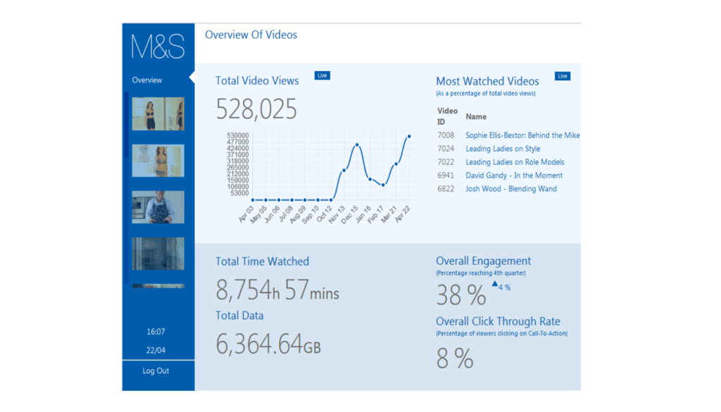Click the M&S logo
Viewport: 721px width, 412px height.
pyautogui.click(x=158, y=46)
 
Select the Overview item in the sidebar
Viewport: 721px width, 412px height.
pyautogui.click(x=146, y=80)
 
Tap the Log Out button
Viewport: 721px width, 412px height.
pyautogui.click(x=156, y=371)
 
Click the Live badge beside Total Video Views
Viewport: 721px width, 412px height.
pyautogui.click(x=322, y=75)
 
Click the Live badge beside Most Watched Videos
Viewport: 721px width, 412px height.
pyautogui.click(x=563, y=76)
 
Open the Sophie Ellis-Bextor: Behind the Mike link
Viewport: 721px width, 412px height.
pyautogui.click(x=522, y=135)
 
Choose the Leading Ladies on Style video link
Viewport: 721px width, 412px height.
pyautogui.click(x=503, y=149)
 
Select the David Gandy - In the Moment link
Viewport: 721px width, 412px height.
pyautogui.click(x=514, y=175)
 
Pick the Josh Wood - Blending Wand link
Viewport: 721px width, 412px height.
pyautogui.click(x=511, y=189)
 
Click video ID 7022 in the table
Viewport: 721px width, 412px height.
pyautogui.click(x=446, y=162)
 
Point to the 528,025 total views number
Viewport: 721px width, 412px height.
pyautogui.click(x=256, y=109)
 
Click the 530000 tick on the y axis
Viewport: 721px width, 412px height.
pyautogui.click(x=238, y=136)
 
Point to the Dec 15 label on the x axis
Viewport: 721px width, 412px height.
pyautogui.click(x=349, y=215)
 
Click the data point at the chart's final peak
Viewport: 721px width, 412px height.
pyautogui.click(x=409, y=137)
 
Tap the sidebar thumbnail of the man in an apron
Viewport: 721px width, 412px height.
pyautogui.click(x=158, y=207)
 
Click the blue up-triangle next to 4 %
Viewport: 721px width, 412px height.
pyautogui.click(x=495, y=284)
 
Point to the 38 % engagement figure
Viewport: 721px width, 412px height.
pyautogui.click(x=460, y=295)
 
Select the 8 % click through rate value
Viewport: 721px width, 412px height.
pyautogui.click(x=455, y=358)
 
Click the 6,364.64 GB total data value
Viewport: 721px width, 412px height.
pyautogui.click(x=268, y=344)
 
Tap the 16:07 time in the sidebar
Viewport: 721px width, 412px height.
pyautogui.click(x=156, y=332)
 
